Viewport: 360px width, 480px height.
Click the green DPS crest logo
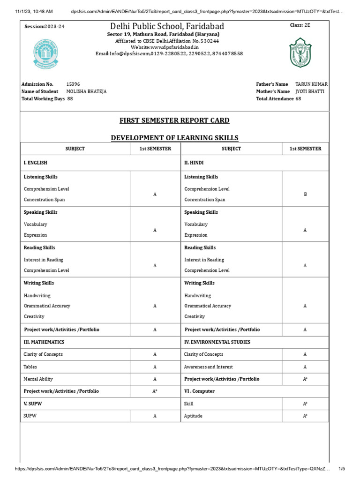(x=300, y=52)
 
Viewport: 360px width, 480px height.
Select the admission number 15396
(x=73, y=84)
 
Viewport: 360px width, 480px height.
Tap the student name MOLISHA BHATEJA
(x=86, y=91)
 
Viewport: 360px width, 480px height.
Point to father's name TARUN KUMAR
(x=312, y=84)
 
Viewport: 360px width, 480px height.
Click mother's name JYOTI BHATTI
(x=309, y=91)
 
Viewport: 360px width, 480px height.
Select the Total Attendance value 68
(x=298, y=99)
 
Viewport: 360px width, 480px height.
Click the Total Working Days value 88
(x=70, y=99)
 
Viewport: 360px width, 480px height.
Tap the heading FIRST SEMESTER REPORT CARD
(x=174, y=120)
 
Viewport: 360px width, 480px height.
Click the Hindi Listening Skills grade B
(x=305, y=194)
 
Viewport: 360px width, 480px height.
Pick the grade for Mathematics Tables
(x=155, y=367)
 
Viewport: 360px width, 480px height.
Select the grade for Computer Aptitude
(x=305, y=416)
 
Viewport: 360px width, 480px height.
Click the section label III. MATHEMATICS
(x=44, y=342)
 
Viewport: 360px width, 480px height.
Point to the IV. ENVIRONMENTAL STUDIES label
(x=217, y=342)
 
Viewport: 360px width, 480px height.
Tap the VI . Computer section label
(x=199, y=391)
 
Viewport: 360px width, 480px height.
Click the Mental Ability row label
(x=38, y=379)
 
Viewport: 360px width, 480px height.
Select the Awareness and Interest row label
(x=208, y=367)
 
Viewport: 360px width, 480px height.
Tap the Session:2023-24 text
(x=45, y=27)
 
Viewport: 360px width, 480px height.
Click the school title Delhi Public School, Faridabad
(x=167, y=26)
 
